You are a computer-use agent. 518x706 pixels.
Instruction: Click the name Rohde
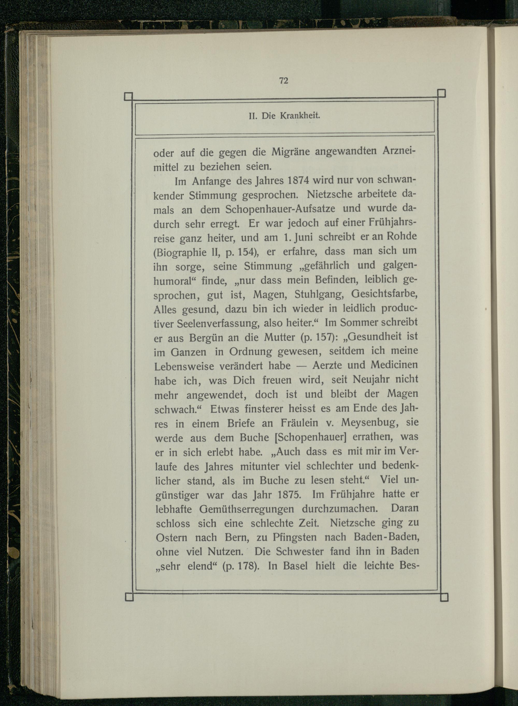[x=402, y=236]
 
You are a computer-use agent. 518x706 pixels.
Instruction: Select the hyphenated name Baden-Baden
[x=386, y=537]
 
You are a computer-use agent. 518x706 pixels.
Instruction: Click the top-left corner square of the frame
[x=128, y=96]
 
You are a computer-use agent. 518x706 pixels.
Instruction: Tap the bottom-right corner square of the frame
[x=444, y=597]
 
